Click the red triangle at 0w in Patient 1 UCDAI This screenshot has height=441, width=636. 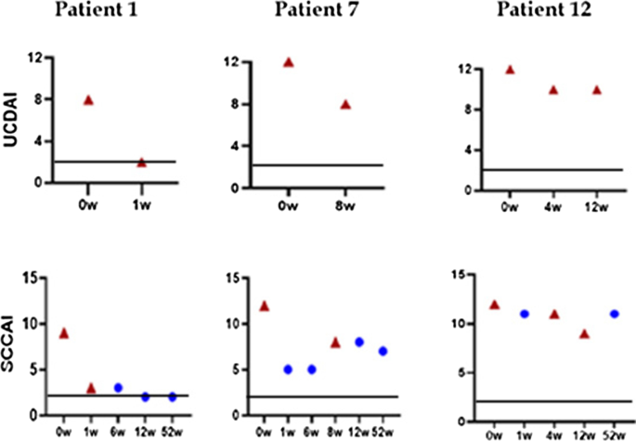pos(89,100)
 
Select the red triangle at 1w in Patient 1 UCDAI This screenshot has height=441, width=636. pos(141,162)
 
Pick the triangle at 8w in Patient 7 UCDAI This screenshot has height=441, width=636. pos(345,105)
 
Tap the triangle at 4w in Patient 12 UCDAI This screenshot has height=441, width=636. pos(553,90)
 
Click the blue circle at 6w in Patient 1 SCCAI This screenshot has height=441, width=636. pos(118,388)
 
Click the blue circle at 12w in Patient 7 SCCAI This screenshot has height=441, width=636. pos(358,342)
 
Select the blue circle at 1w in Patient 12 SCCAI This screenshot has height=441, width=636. pos(524,314)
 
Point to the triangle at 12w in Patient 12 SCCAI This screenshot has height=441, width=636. pos(584,333)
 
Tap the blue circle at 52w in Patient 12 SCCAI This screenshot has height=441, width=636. pos(615,314)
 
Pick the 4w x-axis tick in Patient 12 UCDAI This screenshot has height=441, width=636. pos(553,205)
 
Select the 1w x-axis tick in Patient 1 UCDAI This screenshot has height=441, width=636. pos(141,197)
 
